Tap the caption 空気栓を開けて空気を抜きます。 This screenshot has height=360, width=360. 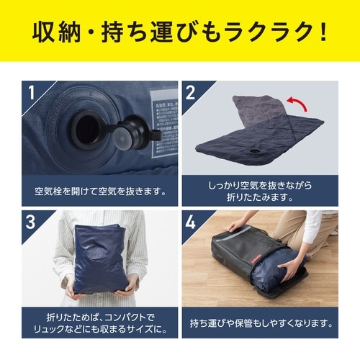coord(100,192)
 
